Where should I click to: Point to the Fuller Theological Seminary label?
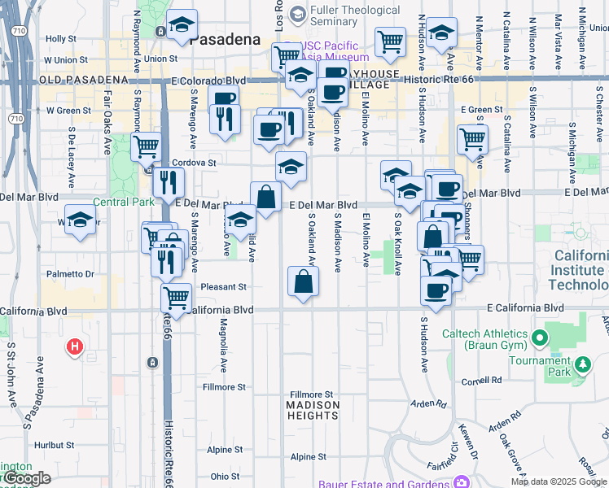(x=356, y=17)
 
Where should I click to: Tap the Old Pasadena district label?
(x=84, y=80)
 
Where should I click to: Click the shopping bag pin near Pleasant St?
(x=303, y=281)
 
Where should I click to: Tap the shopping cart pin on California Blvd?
(x=176, y=298)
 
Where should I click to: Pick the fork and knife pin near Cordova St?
(x=168, y=182)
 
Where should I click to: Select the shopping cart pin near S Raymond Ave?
(x=146, y=147)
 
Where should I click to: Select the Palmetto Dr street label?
(x=70, y=274)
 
